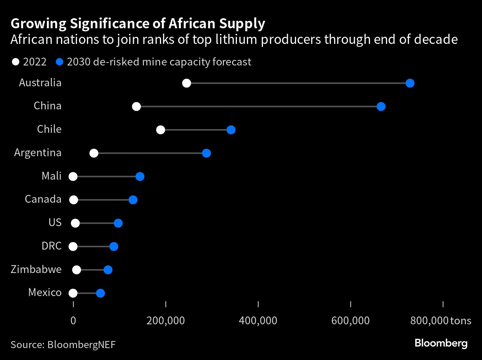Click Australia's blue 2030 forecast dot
click(410, 83)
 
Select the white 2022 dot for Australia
click(187, 83)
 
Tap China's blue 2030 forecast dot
click(381, 107)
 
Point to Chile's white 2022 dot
click(161, 130)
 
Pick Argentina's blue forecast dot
click(206, 153)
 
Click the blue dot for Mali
click(140, 177)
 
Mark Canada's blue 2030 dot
click(133, 200)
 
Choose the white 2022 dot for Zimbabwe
click(77, 270)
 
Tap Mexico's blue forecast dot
click(100, 293)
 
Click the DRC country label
click(51, 246)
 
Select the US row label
click(55, 222)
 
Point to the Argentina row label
click(38, 152)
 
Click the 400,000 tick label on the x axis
click(258, 321)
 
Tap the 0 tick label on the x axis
click(73, 321)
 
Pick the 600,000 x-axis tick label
click(350, 321)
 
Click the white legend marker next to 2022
click(15, 62)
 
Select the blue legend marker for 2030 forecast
click(59, 62)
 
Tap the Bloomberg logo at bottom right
click(441, 343)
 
